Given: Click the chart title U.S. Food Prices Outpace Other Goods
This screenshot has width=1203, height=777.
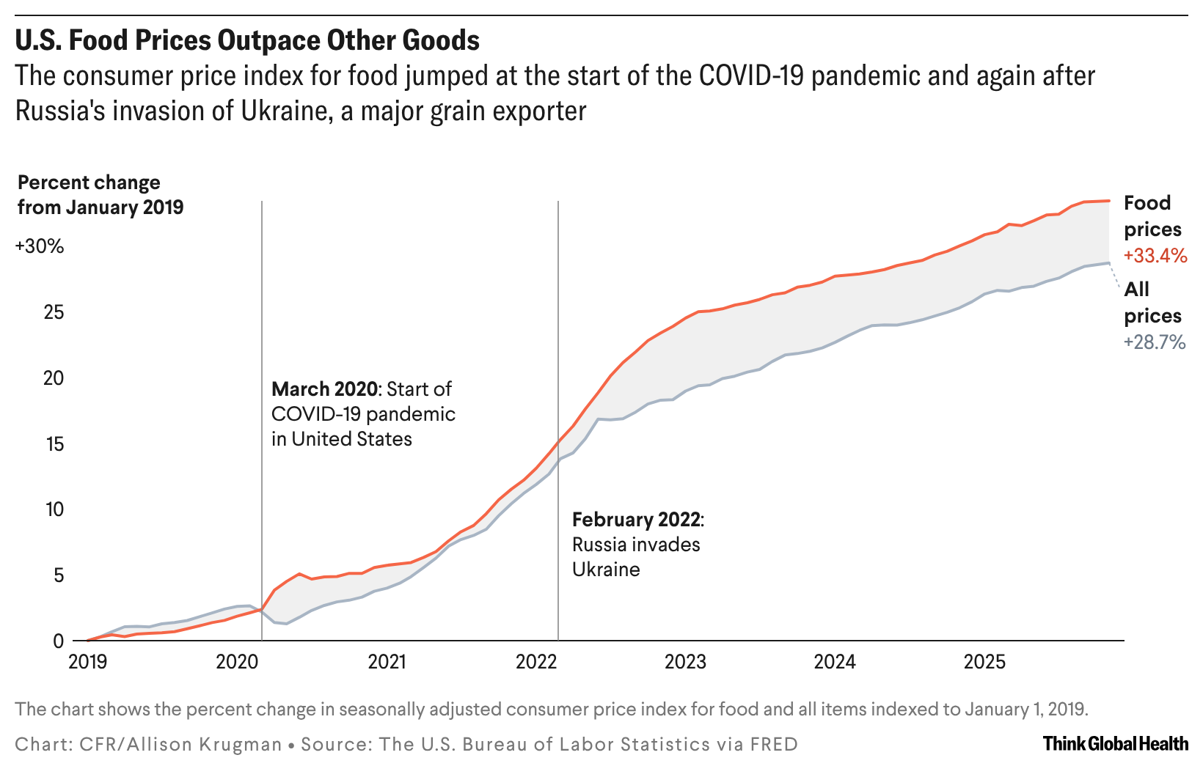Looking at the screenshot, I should (247, 40).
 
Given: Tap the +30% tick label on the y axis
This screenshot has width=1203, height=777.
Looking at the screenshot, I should (40, 246).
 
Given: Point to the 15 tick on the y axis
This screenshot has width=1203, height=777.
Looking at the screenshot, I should (54, 444).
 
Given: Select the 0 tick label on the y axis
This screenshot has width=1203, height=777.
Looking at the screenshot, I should (59, 641).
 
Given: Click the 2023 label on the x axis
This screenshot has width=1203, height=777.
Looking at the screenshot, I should (685, 662).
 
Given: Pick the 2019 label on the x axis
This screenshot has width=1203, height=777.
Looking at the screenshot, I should (87, 662).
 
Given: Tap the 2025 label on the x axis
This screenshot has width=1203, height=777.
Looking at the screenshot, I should (984, 662).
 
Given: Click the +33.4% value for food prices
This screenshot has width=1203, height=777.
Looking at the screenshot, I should (1155, 256).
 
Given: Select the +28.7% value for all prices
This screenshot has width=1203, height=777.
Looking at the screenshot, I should (1155, 342).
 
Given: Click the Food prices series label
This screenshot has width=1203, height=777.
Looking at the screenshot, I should (1152, 216).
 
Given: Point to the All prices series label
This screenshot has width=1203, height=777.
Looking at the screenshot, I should (1152, 303).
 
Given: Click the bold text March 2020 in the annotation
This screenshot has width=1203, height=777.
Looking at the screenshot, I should (323, 389).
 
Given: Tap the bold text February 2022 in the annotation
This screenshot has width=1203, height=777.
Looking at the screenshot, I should (636, 520).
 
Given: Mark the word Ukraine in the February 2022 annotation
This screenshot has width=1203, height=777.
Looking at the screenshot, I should (606, 570).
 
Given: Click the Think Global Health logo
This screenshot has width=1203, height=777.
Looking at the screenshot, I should (1115, 744).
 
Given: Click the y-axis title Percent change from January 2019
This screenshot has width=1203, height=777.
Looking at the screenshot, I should (100, 195).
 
